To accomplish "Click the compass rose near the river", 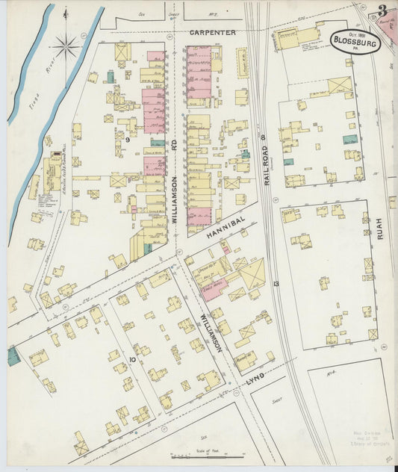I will point(67,48).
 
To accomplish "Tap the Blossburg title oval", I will point(355,41).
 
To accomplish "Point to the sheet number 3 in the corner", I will point(382,11).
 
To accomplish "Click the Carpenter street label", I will point(213,33).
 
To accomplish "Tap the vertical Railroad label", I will point(264,171).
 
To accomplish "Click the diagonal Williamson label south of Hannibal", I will point(211,334).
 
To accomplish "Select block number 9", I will point(128,140).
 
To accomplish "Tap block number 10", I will point(131,360).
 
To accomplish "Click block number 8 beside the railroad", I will point(264,137).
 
